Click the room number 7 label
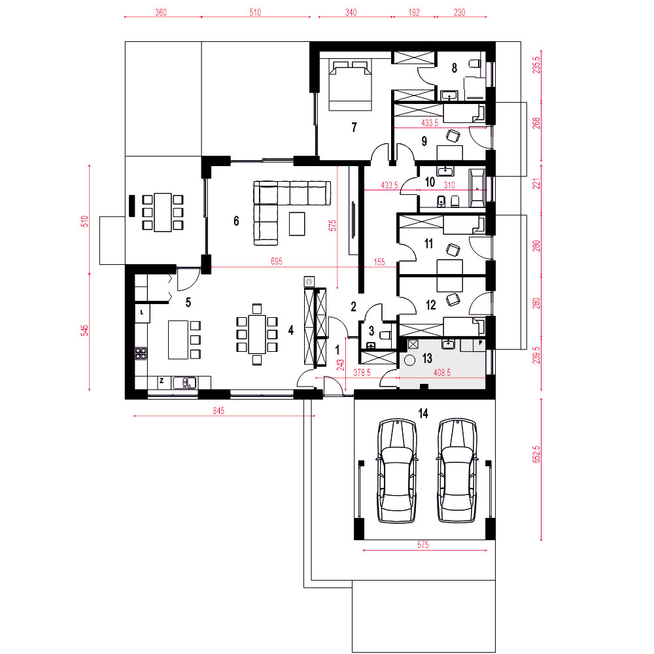354,127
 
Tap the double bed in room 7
350,85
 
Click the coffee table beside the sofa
297,224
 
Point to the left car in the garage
397,470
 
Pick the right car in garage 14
457,470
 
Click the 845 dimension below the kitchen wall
218,411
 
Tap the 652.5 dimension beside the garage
536,455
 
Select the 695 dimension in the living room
277,262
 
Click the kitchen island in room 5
178,339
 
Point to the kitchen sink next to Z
184,383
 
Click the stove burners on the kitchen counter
141,353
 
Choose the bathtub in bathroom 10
477,188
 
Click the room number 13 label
427,358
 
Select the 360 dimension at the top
161,12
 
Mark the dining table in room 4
257,334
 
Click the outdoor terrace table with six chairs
163,213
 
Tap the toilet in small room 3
385,334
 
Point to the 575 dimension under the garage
423,545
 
